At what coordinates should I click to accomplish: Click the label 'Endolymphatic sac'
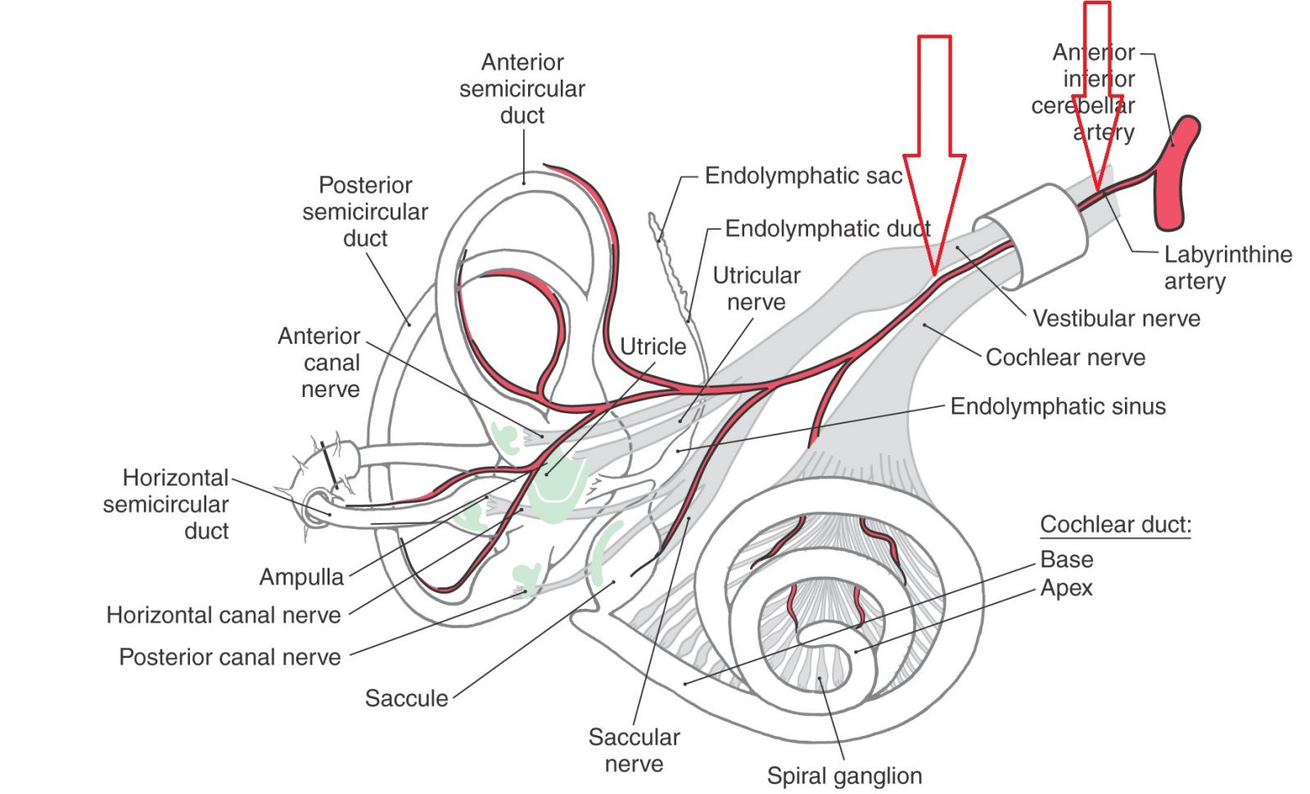coord(803,176)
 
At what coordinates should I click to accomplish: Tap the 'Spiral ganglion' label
coord(844,776)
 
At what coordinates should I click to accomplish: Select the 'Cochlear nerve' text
coord(1065,358)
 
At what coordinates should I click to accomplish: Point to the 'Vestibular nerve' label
coord(1116,318)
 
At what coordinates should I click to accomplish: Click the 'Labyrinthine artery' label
coord(1227,268)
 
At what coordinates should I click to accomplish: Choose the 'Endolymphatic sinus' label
coord(1058,407)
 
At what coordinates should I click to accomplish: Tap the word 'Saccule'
coord(406,698)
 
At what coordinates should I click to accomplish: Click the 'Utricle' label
coord(653,347)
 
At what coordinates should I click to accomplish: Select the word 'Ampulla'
coord(301,577)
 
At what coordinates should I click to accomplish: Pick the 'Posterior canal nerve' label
coord(230,657)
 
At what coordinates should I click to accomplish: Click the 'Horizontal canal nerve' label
coord(224,616)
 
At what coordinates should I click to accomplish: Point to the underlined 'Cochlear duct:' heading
coord(1115,525)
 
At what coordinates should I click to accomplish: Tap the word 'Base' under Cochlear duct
coord(1066,560)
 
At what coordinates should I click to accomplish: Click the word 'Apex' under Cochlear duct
coord(1066,589)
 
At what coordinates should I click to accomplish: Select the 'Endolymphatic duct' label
coord(827,229)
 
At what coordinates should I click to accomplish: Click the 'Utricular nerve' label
coord(756,289)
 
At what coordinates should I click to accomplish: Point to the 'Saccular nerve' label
coord(634,751)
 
